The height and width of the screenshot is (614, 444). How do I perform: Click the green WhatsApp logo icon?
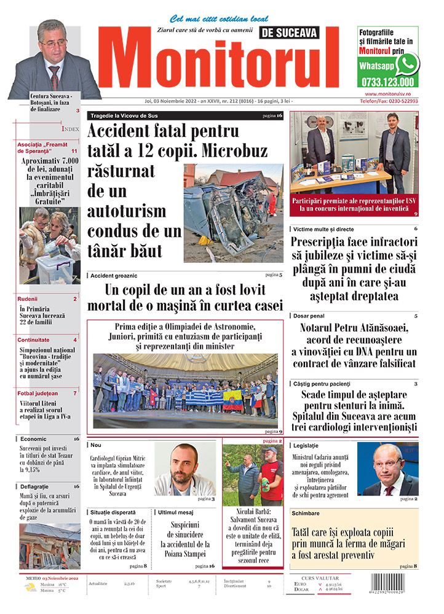click(x=406, y=64)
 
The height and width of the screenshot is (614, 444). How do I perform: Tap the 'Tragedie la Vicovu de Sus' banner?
click(x=126, y=115)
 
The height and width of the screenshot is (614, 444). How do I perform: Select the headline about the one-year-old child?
click(x=184, y=297)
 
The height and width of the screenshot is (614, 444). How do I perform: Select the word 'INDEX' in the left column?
click(x=70, y=129)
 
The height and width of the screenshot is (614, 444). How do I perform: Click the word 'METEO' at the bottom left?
click(x=31, y=578)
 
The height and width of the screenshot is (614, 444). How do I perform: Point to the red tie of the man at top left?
click(x=55, y=75)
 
